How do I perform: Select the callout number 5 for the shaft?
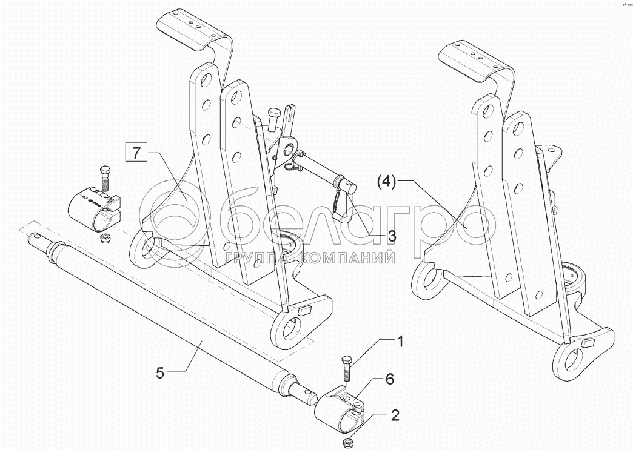[160, 373]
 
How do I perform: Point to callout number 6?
[390, 380]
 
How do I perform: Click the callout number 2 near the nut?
[395, 415]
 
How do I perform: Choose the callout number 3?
[392, 236]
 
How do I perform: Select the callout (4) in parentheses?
[386, 181]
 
